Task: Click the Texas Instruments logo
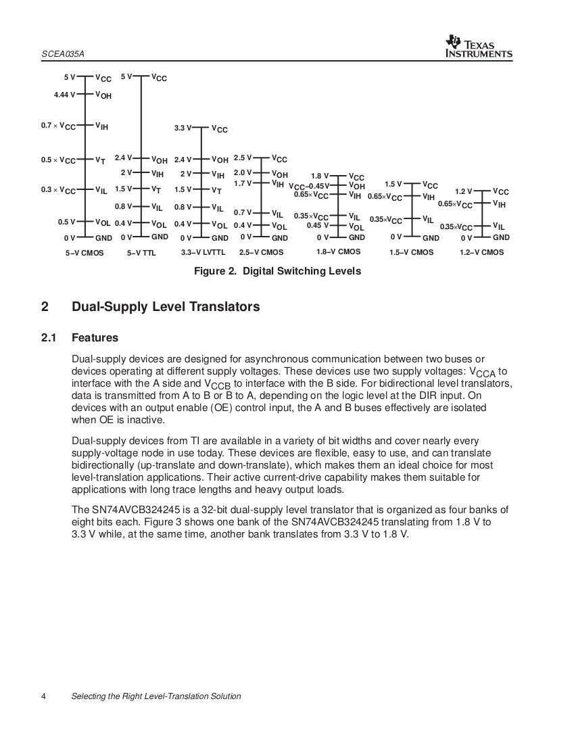click(479, 46)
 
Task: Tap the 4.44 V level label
click(65, 95)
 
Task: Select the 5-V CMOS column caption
click(84, 253)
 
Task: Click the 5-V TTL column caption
click(141, 253)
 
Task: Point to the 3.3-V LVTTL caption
click(203, 253)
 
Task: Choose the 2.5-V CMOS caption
click(261, 253)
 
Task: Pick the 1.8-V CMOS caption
click(338, 251)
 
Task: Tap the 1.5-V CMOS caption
click(412, 253)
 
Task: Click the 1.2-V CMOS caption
click(482, 253)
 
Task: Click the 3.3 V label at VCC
click(183, 128)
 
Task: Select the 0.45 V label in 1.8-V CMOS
click(317, 226)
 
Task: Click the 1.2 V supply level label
click(463, 192)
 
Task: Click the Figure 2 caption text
click(277, 271)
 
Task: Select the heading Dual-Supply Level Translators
click(166, 307)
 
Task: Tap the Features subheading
click(95, 337)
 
